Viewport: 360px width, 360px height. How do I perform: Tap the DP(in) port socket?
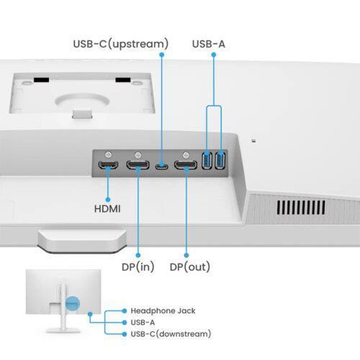coord(137,166)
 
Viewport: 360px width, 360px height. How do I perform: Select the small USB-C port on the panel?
coord(161,166)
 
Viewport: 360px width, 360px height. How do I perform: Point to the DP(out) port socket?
coord(186,166)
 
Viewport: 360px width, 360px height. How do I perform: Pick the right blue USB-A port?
coord(220,162)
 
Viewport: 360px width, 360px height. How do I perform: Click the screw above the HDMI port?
coord(108,154)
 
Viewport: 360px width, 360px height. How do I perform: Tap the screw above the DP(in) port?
coord(137,154)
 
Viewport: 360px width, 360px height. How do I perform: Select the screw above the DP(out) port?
coord(186,154)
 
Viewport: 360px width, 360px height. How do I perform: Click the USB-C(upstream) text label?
coord(120,44)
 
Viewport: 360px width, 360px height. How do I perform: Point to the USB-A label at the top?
coord(209,44)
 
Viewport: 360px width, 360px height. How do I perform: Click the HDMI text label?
coord(107,209)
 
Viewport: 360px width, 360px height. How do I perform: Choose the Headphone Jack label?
coord(163,310)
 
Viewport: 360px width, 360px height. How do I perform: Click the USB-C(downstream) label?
coord(171,333)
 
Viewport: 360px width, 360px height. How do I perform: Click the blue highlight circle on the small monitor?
coord(72,302)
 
